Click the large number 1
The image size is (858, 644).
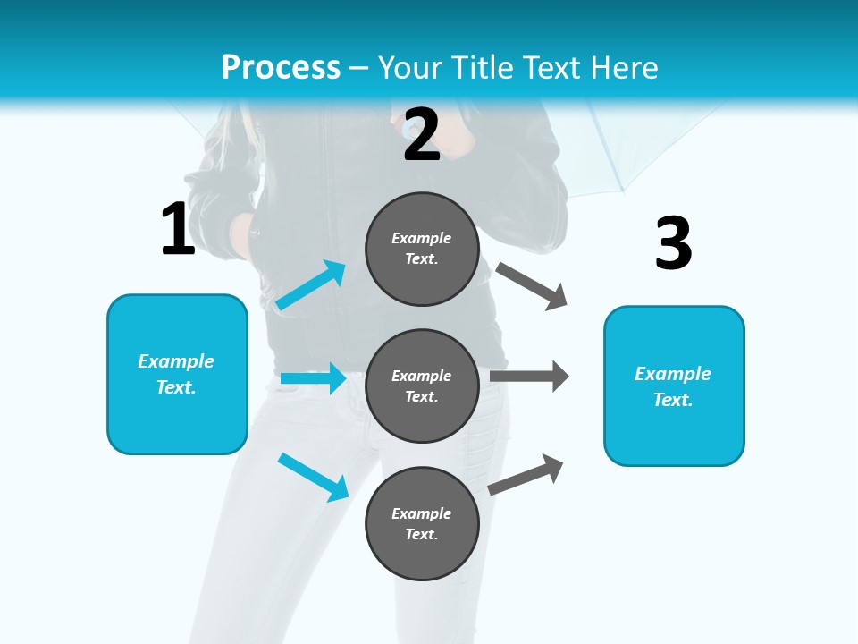point(178,230)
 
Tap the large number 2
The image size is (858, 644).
point(422,135)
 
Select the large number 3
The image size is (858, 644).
point(673,243)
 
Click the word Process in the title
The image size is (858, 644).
point(281,67)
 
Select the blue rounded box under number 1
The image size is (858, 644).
point(177,374)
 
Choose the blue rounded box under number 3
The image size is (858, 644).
point(674,386)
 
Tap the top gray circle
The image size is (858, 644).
point(422,249)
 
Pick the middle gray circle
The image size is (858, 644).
point(422,386)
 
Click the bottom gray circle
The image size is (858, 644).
point(422,523)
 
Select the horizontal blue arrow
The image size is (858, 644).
point(313,379)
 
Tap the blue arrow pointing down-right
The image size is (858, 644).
point(314,477)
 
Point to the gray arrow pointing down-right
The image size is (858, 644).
point(533,286)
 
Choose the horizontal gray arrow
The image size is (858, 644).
point(529,376)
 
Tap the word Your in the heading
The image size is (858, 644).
point(407,67)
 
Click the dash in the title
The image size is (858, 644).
point(359,68)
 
